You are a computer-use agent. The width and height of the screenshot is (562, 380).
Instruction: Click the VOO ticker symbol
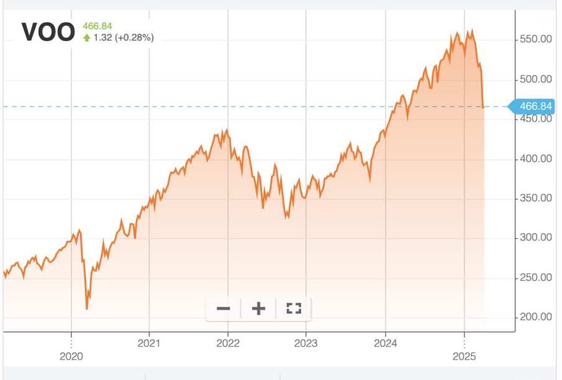pyautogui.click(x=48, y=32)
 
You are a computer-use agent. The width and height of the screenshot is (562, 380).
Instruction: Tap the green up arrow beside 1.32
pyautogui.click(x=87, y=38)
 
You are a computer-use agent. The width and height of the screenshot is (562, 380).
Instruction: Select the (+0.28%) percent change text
pyautogui.click(x=131, y=38)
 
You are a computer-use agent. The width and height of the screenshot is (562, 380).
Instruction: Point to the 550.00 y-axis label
pyautogui.click(x=535, y=40)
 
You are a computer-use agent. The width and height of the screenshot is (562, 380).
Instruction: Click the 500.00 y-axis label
pyautogui.click(x=535, y=79)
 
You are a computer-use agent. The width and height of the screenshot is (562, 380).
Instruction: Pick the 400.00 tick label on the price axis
pyautogui.click(x=535, y=159)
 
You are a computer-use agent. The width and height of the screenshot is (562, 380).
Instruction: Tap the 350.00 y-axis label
pyautogui.click(x=535, y=198)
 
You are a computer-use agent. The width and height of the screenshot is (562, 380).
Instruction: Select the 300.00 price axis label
pyautogui.click(x=535, y=237)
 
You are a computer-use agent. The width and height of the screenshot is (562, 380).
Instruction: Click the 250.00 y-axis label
pyautogui.click(x=535, y=277)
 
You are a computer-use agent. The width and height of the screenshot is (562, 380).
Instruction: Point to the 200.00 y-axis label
pyautogui.click(x=535, y=317)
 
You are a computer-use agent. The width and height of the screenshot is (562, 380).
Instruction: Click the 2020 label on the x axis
pyautogui.click(x=71, y=356)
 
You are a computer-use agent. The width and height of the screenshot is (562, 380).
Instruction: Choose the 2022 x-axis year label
pyautogui.click(x=228, y=342)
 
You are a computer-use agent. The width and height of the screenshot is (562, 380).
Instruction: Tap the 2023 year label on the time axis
pyautogui.click(x=306, y=342)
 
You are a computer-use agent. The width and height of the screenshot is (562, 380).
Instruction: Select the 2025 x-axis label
pyautogui.click(x=464, y=356)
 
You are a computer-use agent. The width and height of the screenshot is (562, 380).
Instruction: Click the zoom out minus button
pyautogui.click(x=224, y=308)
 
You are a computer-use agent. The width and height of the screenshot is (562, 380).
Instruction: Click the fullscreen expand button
pyautogui.click(x=293, y=308)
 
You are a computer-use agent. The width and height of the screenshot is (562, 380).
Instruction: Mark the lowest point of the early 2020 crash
pyautogui.click(x=86, y=309)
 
